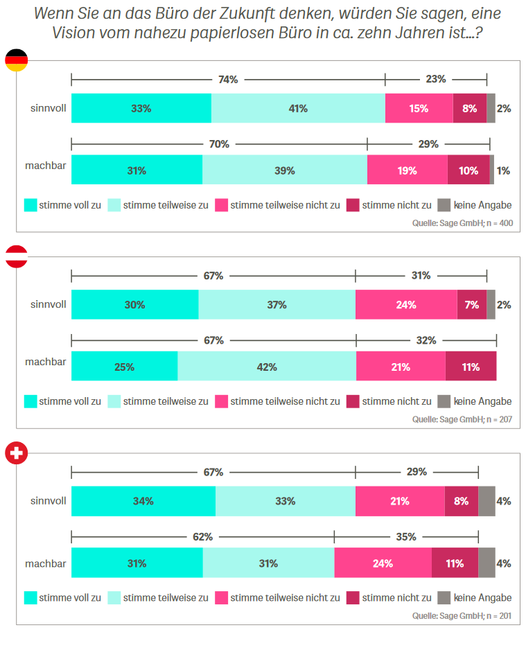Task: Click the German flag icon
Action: (17, 60)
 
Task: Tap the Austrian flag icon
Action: (17, 256)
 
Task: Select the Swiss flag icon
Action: (17, 453)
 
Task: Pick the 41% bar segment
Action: (298, 108)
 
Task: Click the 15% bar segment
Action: (419, 108)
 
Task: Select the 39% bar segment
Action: (285, 170)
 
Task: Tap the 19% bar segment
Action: (407, 170)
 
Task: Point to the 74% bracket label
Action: (228, 80)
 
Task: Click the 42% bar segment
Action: (267, 367)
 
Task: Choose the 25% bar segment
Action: (125, 367)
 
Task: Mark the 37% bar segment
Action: (277, 305)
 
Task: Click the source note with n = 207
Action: (462, 419)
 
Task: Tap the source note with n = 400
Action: (462, 223)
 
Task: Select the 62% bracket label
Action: (203, 536)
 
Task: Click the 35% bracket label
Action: (406, 536)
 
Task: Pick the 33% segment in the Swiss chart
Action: (285, 501)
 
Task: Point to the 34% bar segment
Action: (143, 501)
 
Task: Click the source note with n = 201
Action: (462, 615)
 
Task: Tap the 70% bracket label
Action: (219, 144)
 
